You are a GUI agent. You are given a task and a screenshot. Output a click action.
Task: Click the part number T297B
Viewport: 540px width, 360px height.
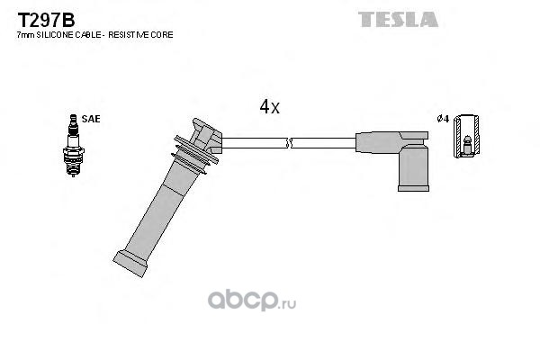[x=37, y=18]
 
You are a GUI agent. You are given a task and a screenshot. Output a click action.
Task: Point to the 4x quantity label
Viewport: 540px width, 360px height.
[x=269, y=107]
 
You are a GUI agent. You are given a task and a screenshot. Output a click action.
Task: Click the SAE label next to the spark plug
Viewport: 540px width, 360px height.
[x=90, y=118]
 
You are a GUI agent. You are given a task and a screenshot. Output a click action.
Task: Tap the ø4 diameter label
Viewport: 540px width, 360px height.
[x=442, y=119]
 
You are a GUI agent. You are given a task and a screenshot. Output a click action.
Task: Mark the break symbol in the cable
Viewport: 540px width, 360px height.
[x=288, y=142]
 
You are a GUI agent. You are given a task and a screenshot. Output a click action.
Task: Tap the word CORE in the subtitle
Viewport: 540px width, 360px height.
[x=161, y=34]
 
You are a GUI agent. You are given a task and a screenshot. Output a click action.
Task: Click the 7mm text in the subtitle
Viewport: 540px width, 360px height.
[x=25, y=34]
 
